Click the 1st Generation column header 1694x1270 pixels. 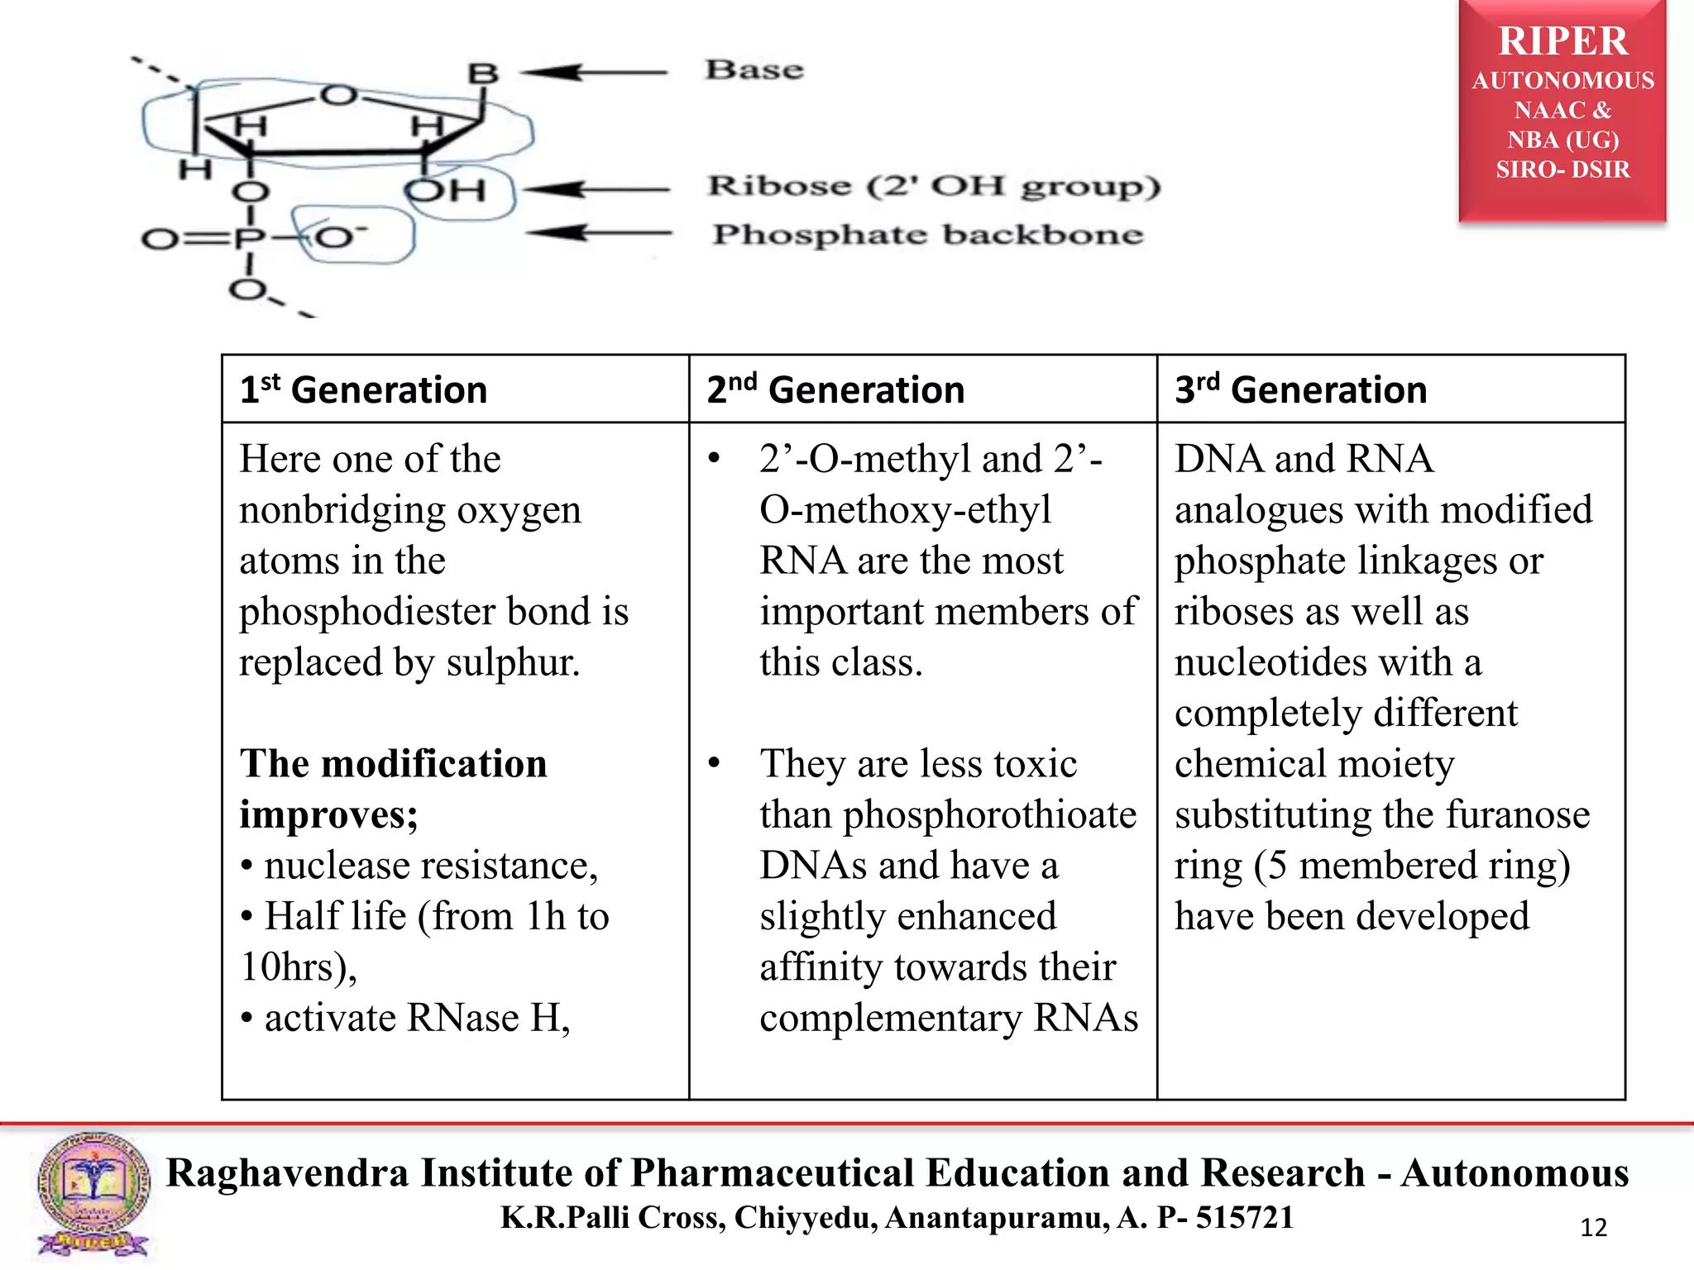click(363, 389)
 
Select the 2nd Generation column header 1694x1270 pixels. click(835, 389)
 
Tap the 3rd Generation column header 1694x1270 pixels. click(1301, 389)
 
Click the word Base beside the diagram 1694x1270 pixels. click(754, 70)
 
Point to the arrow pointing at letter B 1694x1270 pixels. click(594, 73)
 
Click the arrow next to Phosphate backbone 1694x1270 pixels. click(597, 233)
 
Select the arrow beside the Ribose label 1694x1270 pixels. click(597, 189)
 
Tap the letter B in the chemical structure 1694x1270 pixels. click(483, 74)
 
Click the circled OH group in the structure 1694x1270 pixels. click(447, 191)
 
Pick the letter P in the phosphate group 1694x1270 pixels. click(248, 240)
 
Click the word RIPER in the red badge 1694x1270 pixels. click(1562, 41)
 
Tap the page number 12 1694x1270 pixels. click(1593, 1228)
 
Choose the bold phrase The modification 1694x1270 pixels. click(394, 763)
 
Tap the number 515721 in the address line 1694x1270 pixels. click(1244, 1217)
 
